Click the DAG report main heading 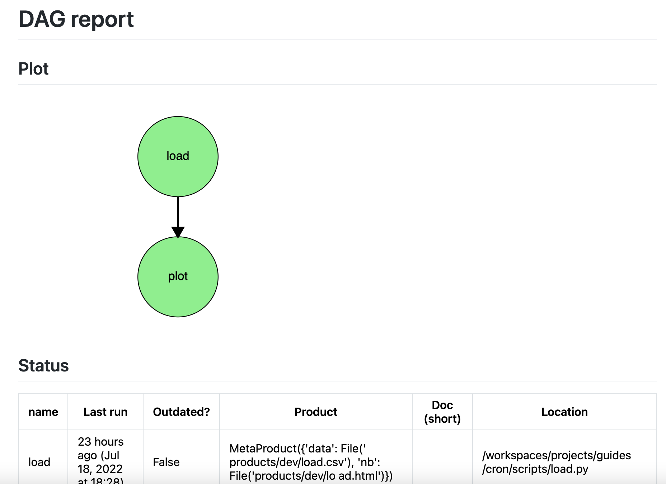coord(76,19)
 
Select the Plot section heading coord(33,69)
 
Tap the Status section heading coord(43,366)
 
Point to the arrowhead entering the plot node coord(178,232)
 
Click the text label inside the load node coord(178,156)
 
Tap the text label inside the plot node coord(178,276)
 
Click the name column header coord(43,412)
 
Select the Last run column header coord(105,412)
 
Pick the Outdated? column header coord(181,412)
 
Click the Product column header coord(316,412)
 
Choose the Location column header coord(564,412)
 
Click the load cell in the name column coord(39,462)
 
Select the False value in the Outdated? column coord(166,462)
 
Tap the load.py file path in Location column coord(556,462)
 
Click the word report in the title coord(102,19)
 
